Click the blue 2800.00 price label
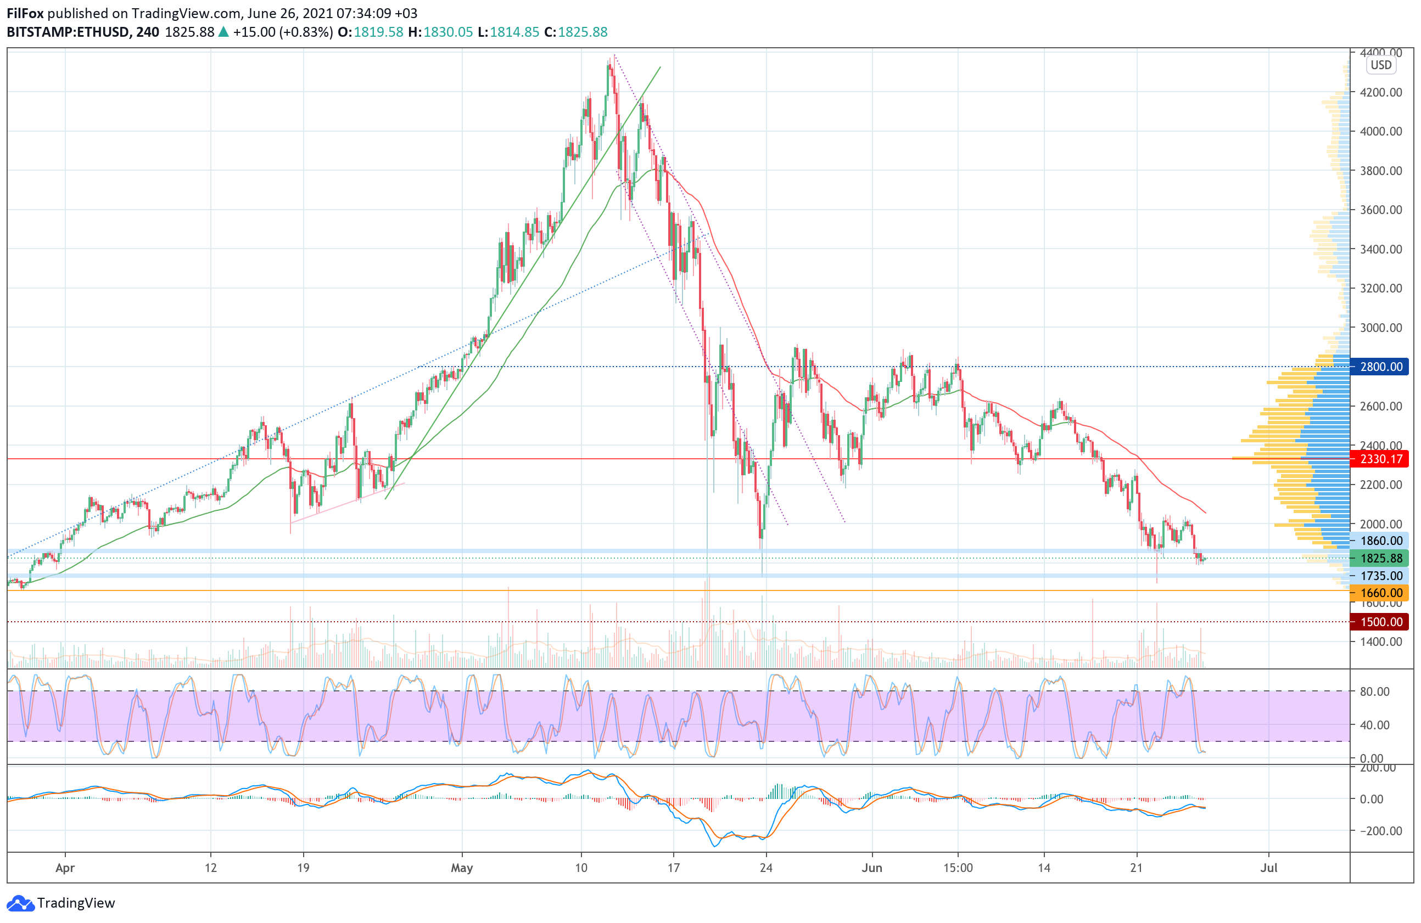[x=1381, y=367]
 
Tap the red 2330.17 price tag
[x=1381, y=459]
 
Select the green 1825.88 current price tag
[x=1381, y=559]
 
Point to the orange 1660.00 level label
[x=1381, y=593]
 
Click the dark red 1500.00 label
[x=1381, y=622]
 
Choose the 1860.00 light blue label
[x=1381, y=541]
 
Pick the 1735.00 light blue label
[x=1381, y=576]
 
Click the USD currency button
[x=1380, y=65]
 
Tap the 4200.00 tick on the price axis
[x=1380, y=93]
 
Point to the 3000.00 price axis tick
[x=1380, y=328]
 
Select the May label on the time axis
[x=462, y=868]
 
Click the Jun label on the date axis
[x=872, y=868]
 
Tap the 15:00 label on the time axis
[x=958, y=868]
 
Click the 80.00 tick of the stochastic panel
[x=1374, y=691]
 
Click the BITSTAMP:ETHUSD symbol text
[x=68, y=32]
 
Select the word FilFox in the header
[x=25, y=13]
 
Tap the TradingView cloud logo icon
[x=21, y=903]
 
